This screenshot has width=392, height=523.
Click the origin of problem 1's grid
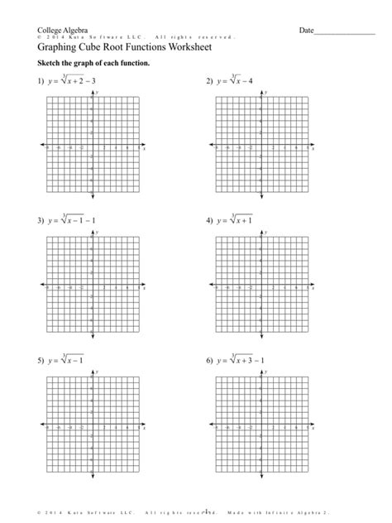[x=93, y=146]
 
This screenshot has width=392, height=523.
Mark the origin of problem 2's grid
[x=262, y=146]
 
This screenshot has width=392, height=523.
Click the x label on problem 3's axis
[x=146, y=289]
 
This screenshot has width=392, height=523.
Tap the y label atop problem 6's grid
[x=265, y=371]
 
